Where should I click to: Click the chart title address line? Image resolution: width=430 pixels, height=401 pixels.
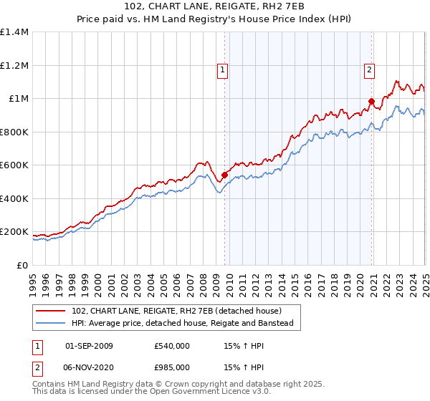pyautogui.click(x=215, y=7)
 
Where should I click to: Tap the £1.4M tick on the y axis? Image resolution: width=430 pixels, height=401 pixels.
pyautogui.click(x=14, y=32)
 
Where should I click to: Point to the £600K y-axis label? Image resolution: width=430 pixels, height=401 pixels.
pyautogui.click(x=14, y=165)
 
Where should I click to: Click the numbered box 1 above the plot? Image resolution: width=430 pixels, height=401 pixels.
pyautogui.click(x=224, y=70)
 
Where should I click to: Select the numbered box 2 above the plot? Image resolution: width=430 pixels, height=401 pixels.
pyautogui.click(x=368, y=70)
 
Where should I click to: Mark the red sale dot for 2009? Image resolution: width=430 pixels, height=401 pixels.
pyautogui.click(x=224, y=174)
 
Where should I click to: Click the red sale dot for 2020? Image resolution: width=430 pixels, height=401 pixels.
pyautogui.click(x=371, y=101)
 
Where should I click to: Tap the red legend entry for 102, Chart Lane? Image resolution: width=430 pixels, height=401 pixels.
pyautogui.click(x=176, y=311)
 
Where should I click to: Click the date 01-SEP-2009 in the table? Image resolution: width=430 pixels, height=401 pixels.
pyautogui.click(x=89, y=346)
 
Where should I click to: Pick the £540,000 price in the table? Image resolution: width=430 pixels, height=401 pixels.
pyautogui.click(x=172, y=346)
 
